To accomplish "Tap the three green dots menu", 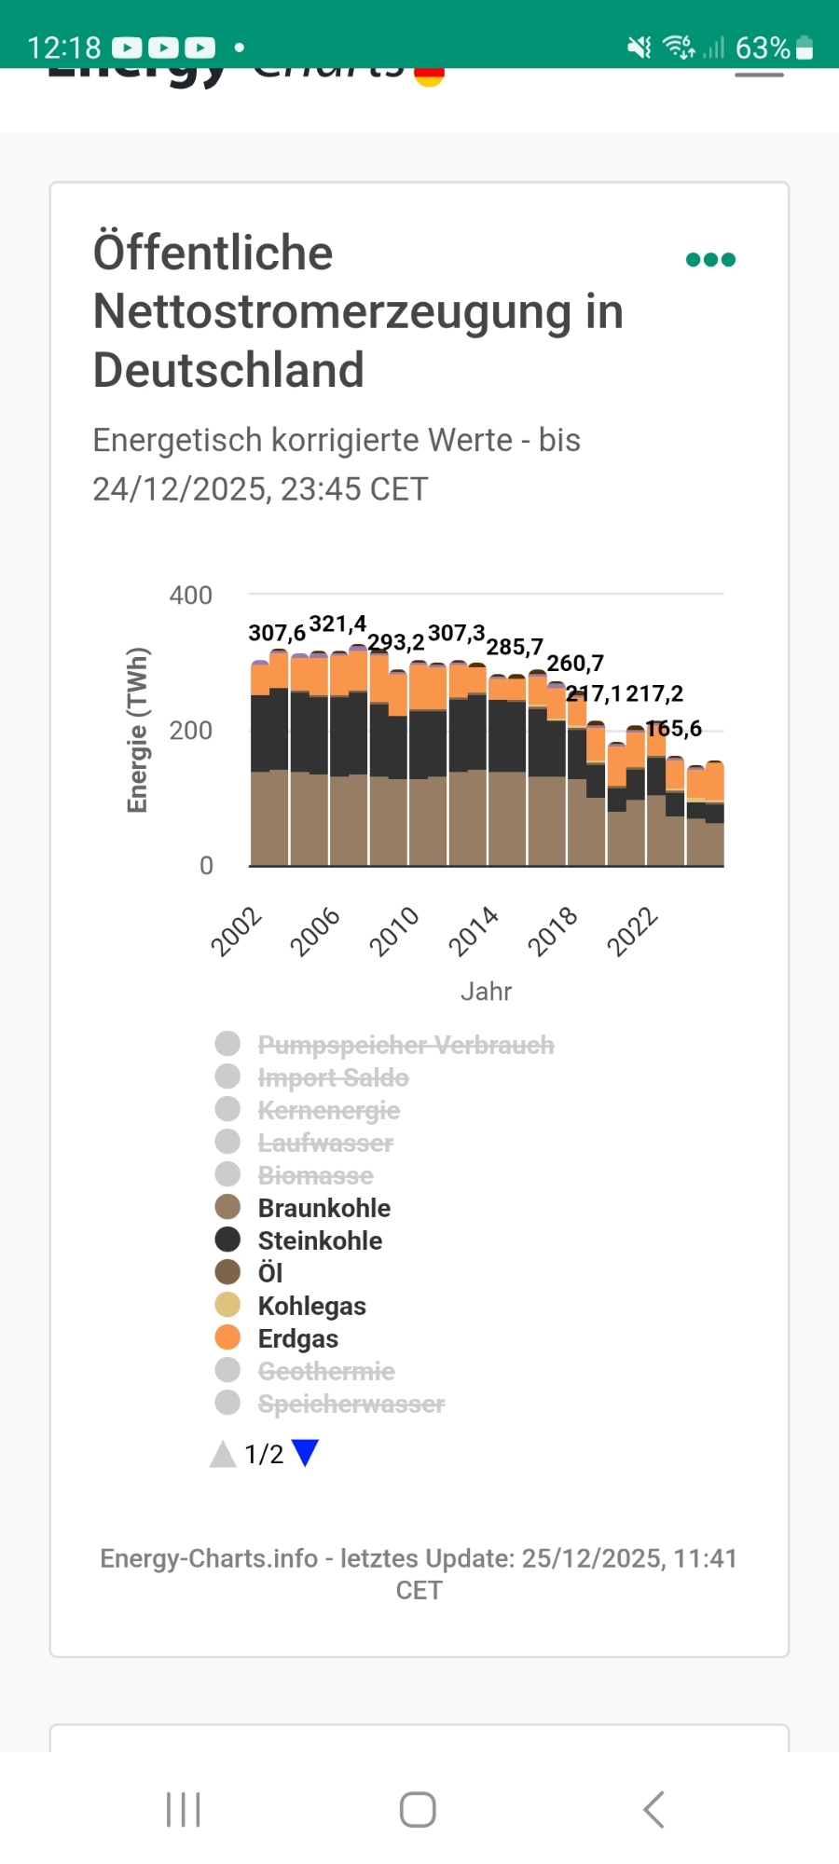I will click(710, 260).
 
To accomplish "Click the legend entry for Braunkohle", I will click(323, 1208).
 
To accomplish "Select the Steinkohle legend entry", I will click(320, 1240).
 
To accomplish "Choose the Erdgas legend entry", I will click(297, 1338).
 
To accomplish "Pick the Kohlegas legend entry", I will click(311, 1306).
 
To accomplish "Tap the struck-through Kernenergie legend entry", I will click(328, 1110).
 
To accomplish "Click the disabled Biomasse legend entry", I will click(315, 1175).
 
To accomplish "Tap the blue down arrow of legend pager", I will click(305, 1453).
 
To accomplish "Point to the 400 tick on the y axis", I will click(190, 596).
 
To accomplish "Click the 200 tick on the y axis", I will click(190, 731).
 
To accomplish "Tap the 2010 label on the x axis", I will click(394, 931).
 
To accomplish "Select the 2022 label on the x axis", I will click(633, 931).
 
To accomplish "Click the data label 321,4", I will click(337, 624).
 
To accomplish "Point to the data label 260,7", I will click(575, 663).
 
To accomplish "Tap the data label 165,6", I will click(674, 728).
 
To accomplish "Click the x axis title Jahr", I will click(486, 991).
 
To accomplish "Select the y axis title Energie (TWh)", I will click(138, 730).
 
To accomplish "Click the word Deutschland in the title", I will click(228, 370).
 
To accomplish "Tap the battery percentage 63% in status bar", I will click(763, 48).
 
